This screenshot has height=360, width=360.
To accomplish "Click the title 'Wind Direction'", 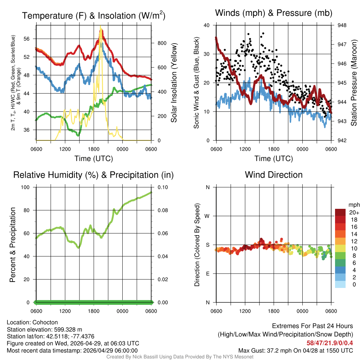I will click(274, 175).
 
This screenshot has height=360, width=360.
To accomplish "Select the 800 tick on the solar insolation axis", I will click(162, 43).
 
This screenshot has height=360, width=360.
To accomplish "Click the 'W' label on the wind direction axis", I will click(207, 216).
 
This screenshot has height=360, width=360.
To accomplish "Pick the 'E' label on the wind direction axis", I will click(208, 274).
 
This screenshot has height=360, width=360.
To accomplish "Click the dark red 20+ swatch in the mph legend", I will click(340, 212).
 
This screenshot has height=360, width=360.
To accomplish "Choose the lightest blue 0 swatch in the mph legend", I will click(340, 284).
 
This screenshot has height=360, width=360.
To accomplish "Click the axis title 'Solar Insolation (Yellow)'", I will click(174, 83).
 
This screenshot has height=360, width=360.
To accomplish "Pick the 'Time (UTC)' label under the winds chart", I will click(274, 159).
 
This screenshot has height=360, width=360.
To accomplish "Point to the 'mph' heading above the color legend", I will click(353, 205).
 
